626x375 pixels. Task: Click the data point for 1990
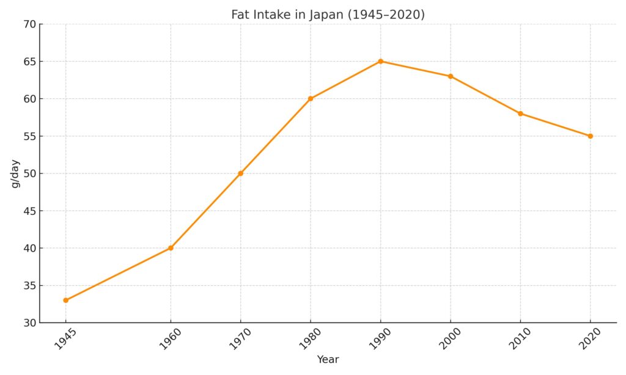[x=380, y=61]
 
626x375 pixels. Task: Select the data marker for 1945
[x=65, y=300]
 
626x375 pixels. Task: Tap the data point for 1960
[x=171, y=248]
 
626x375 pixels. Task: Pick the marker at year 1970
[x=240, y=173]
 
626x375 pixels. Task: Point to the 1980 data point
[x=311, y=98]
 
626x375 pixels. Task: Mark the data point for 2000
[x=451, y=76]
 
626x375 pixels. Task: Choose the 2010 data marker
[x=520, y=114]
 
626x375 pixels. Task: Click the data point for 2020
[x=590, y=136]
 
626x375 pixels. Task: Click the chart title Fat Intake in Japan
[x=328, y=14]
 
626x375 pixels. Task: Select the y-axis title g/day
[x=15, y=173]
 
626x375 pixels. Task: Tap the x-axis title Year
[x=328, y=360]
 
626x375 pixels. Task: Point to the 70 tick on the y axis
[x=29, y=24]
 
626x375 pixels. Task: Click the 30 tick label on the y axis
[x=29, y=323]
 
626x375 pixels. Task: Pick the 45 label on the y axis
[x=29, y=211]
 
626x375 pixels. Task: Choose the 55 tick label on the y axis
[x=29, y=136]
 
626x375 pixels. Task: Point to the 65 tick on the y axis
[x=29, y=61]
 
